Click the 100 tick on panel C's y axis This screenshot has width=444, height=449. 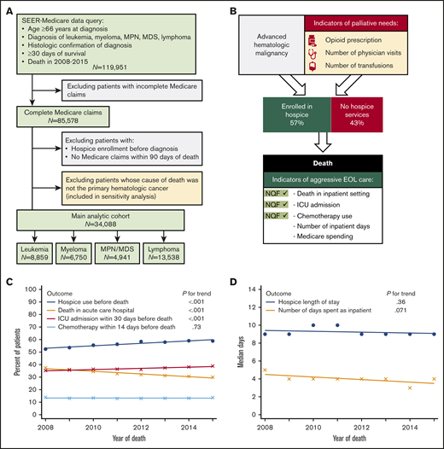coord(31,289)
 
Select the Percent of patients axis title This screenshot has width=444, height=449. coord(9,353)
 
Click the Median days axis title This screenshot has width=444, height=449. coord(237,353)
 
